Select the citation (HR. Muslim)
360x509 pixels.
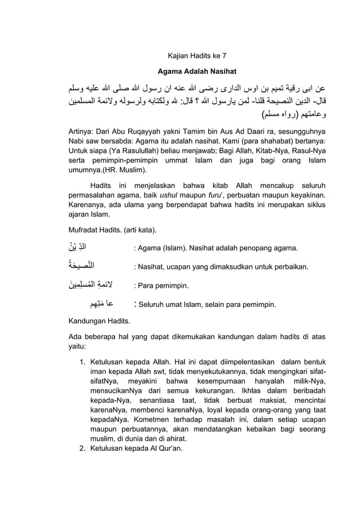pos(126,169)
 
